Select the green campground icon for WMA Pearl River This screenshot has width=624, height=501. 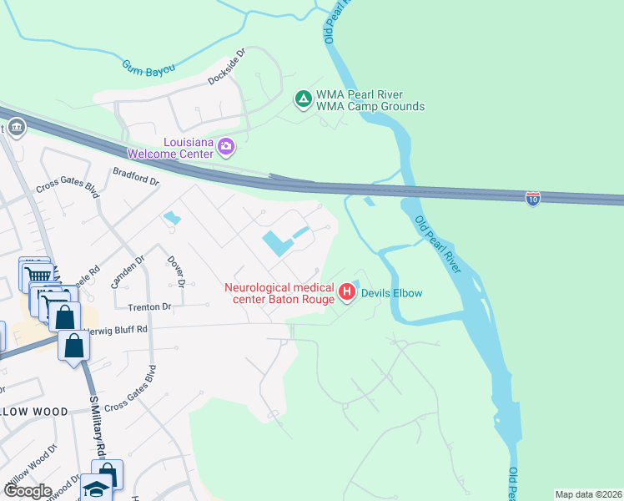click(x=304, y=99)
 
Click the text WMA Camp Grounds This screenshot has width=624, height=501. click(x=371, y=106)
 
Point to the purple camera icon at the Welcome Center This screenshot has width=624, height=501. click(x=225, y=148)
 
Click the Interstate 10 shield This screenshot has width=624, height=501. click(x=533, y=198)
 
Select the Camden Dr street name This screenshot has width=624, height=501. click(x=128, y=271)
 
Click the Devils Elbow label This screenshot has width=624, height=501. click(x=391, y=293)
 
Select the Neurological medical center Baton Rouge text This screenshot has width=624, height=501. click(x=279, y=293)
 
